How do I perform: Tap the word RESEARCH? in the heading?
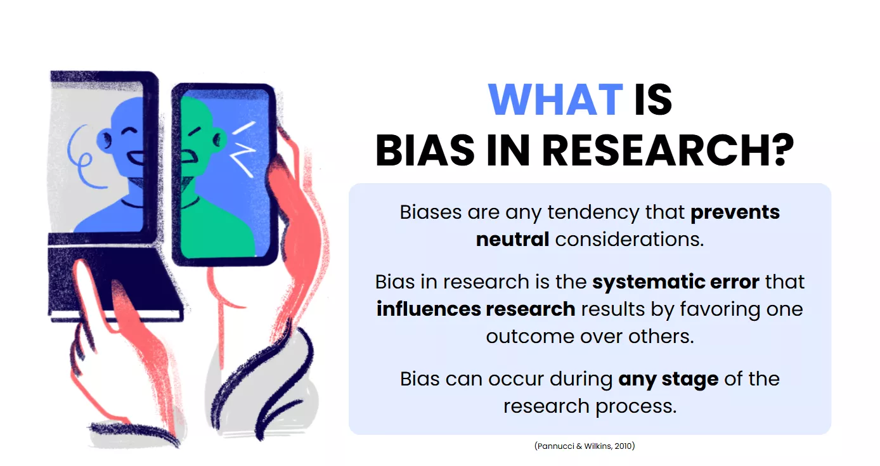point(668,150)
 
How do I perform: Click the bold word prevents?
point(735,212)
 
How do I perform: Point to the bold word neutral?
point(512,239)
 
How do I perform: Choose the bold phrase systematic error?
point(676,282)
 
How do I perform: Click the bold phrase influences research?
point(476,309)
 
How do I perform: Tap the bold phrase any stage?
point(668,380)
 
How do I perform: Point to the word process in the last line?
point(636,406)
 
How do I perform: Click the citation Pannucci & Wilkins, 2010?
point(585,446)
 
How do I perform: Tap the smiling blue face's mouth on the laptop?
point(136,159)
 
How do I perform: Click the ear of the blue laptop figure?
point(105,140)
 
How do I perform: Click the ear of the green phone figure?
point(219,140)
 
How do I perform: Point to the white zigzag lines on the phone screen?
point(243,148)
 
